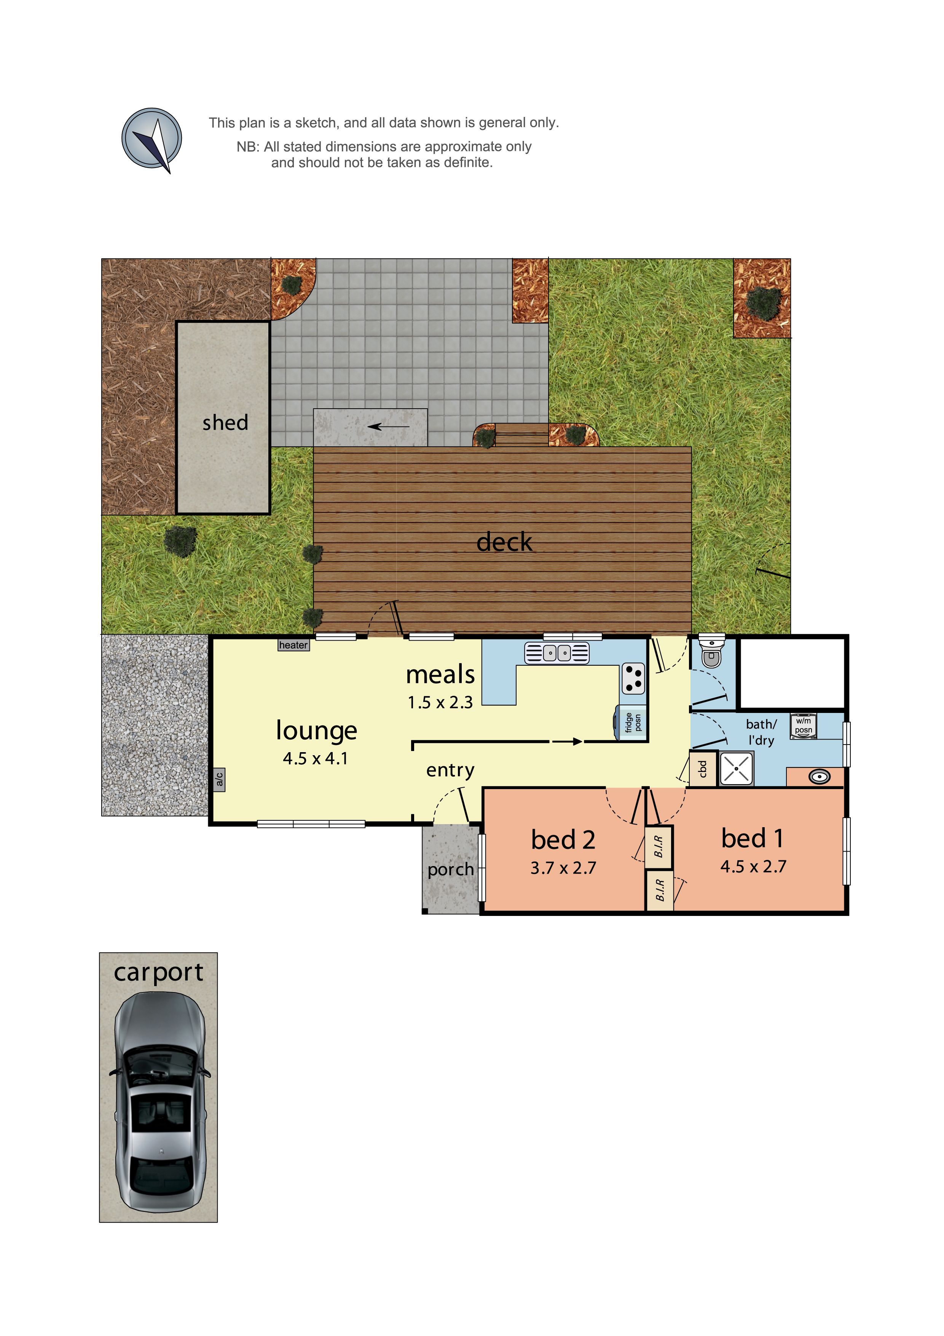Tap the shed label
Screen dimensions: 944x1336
(225, 422)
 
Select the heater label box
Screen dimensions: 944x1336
(293, 645)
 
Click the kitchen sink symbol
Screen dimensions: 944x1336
(557, 653)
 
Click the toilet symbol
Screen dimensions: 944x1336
(711, 651)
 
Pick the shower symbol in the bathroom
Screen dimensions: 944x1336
(736, 769)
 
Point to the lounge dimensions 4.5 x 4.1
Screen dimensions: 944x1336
(315, 758)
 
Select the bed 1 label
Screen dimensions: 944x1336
(753, 838)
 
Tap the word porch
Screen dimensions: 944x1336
(450, 869)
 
